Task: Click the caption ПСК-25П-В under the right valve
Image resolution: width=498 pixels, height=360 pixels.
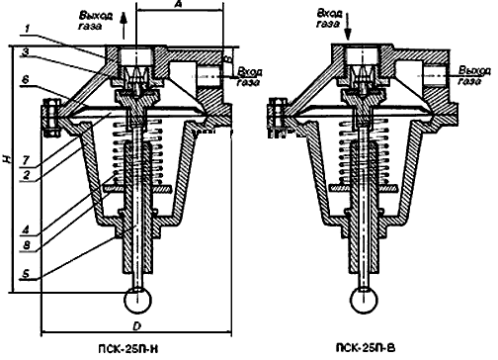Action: (366, 348)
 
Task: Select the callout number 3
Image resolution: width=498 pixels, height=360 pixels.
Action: (25, 52)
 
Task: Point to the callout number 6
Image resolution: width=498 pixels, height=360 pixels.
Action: (26, 80)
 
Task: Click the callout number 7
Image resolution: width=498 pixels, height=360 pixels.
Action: (26, 160)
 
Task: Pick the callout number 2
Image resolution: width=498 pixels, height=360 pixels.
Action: (26, 175)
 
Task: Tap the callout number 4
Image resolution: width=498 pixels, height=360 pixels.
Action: (26, 229)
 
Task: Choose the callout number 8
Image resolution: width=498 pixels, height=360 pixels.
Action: (26, 245)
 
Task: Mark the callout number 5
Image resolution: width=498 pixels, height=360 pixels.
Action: (26, 274)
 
